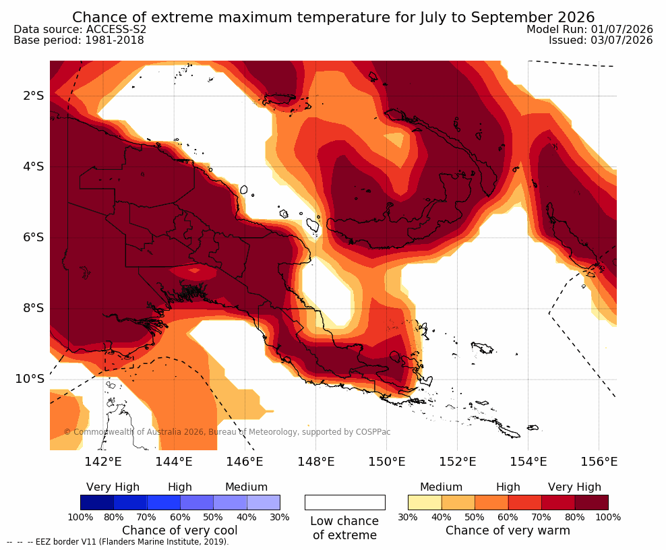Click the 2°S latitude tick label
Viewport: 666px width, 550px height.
pyautogui.click(x=34, y=96)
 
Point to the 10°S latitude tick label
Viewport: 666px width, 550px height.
pyautogui.click(x=30, y=379)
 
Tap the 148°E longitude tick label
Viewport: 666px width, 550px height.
pyautogui.click(x=315, y=461)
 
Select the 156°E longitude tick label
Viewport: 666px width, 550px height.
pyautogui.click(x=599, y=461)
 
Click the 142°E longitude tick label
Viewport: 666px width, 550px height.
pyautogui.click(x=102, y=461)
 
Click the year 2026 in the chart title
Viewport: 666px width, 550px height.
pyautogui.click(x=576, y=18)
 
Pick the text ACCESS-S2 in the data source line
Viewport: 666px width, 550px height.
pyautogui.click(x=116, y=29)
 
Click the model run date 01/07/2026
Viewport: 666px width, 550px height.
pyautogui.click(x=622, y=29)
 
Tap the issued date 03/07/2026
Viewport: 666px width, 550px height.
pyautogui.click(x=622, y=40)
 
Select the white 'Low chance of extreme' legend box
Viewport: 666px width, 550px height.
pyautogui.click(x=345, y=502)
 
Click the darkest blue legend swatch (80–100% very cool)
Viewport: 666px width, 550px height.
pyautogui.click(x=97, y=502)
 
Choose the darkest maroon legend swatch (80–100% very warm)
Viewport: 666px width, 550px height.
pyautogui.click(x=592, y=502)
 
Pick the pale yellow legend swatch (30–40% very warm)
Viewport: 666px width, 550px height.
pyautogui.click(x=425, y=502)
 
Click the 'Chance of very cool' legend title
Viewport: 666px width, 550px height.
pyautogui.click(x=180, y=530)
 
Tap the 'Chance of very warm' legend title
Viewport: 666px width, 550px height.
pyautogui.click(x=508, y=530)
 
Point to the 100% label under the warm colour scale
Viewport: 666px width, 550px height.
pyautogui.click(x=608, y=517)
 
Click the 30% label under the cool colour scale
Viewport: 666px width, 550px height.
pyautogui.click(x=280, y=517)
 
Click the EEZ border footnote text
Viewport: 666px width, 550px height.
pyautogui.click(x=118, y=542)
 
